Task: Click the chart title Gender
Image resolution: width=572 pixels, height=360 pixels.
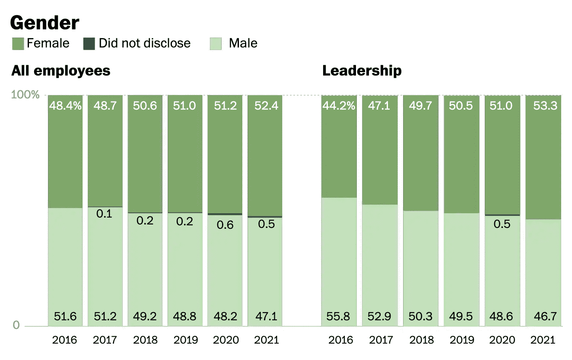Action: coord(44,23)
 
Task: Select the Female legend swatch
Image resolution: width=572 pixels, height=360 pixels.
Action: coord(18,44)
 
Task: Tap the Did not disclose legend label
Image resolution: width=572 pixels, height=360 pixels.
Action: coord(144,44)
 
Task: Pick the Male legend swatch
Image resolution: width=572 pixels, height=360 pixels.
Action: coord(216,44)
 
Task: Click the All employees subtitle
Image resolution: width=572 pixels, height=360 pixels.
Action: coord(61,71)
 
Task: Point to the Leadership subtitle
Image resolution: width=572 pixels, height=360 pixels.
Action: coord(362,71)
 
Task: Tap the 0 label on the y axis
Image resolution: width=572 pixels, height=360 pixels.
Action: coord(16,325)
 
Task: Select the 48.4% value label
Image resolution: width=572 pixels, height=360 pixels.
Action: coord(65,106)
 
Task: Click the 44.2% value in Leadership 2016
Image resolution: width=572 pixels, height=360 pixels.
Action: coord(339,106)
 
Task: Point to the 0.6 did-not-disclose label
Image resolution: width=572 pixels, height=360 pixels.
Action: coord(225,225)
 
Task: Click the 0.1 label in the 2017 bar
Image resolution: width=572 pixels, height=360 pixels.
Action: coord(105,214)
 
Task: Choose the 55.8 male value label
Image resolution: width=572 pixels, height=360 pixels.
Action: coord(339,316)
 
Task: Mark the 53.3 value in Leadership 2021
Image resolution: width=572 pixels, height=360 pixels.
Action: coord(543,106)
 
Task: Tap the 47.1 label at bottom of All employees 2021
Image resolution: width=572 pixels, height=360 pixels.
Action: coord(264,316)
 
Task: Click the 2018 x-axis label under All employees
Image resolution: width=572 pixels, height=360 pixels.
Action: coord(145,340)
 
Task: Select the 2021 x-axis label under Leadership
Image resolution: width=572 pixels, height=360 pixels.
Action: coord(543,340)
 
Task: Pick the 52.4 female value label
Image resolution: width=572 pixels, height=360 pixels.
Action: coord(264,106)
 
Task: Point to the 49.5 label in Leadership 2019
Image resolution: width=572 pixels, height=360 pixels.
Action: coord(461,316)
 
